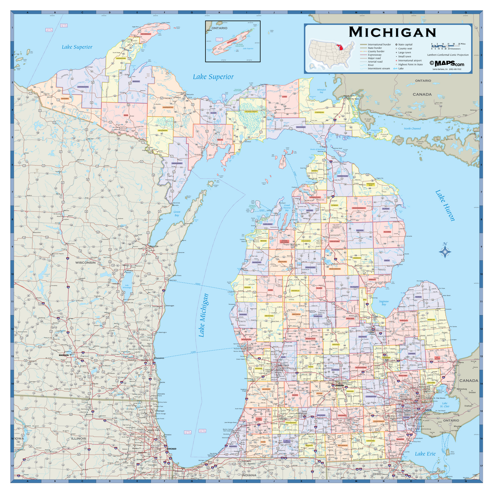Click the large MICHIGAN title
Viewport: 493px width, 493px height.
392,32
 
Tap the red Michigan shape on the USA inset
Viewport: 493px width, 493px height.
339,46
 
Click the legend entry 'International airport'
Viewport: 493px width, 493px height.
409,60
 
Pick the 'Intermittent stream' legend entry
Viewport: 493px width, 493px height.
378,69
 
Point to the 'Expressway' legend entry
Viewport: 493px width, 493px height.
374,55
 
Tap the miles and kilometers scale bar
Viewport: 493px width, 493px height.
448,46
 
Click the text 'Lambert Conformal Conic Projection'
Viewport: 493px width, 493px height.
447,55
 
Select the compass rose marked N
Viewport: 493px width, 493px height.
445,251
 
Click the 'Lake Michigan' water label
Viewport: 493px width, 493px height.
204,315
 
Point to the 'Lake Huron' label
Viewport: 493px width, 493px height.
445,205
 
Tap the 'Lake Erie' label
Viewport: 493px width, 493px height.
425,454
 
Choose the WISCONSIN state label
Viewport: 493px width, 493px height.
85,262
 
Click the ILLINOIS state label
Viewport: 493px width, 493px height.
78,438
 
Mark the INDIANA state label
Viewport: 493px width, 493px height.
248,475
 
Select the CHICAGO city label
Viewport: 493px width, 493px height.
171,449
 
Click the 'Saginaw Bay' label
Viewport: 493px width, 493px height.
384,303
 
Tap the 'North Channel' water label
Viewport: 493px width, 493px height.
412,129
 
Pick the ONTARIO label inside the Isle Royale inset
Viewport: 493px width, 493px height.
220,28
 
